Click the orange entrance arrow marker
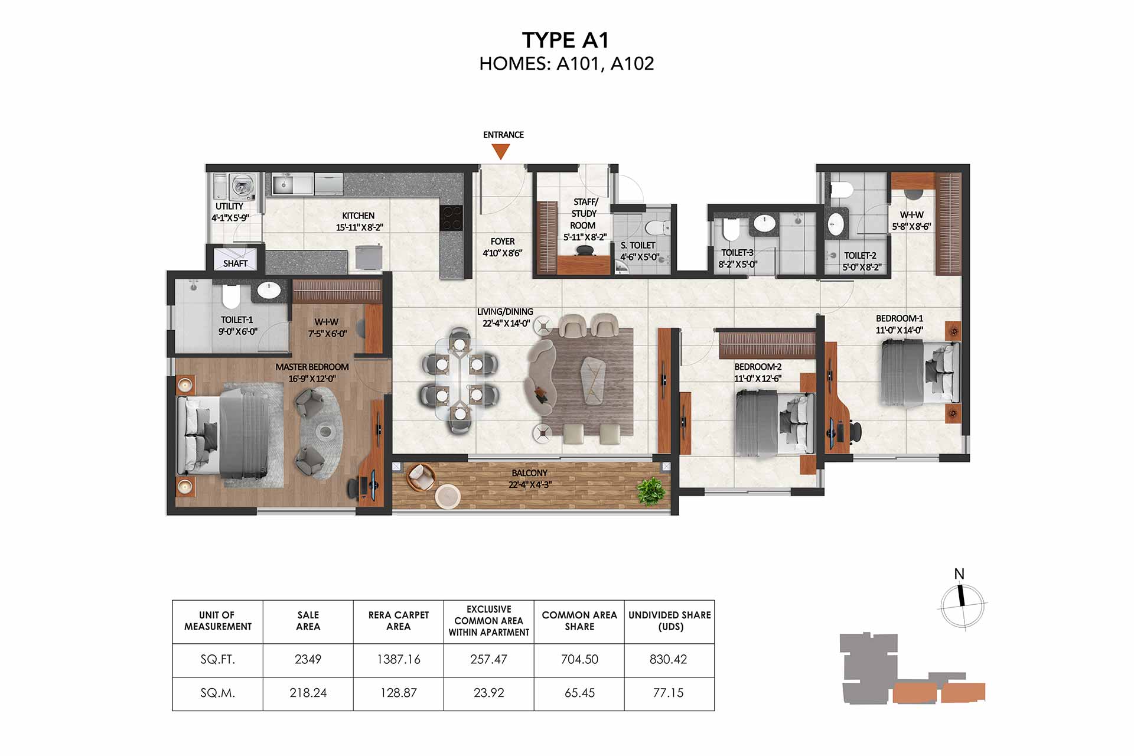coord(501,152)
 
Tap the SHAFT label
coord(235,263)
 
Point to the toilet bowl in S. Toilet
coord(656,227)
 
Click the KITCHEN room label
coord(358,216)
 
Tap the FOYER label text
coord(503,242)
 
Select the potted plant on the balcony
coord(650,490)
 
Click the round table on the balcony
coord(447,496)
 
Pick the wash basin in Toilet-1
coord(269,290)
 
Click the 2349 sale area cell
coord(308,660)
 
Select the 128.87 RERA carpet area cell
coord(399,693)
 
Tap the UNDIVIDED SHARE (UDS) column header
coord(670,621)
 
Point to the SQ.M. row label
coord(217,693)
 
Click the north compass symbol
coord(962,605)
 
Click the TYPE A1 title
coord(565,40)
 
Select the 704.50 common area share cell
coord(579,660)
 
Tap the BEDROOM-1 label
coord(899,318)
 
